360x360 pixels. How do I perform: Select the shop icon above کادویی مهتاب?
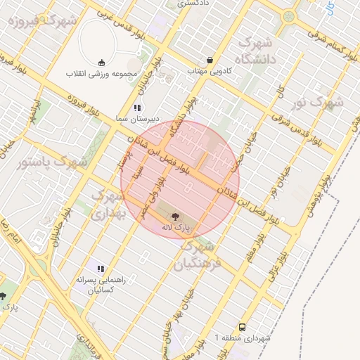[x=210, y=60]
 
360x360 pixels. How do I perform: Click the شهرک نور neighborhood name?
[x=315, y=103]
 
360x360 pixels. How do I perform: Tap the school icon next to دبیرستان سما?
[x=138, y=108]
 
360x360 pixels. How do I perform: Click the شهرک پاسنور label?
[x=51, y=162]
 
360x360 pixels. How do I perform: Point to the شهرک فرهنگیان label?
[x=198, y=256]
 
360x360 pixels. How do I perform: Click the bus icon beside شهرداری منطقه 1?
[x=242, y=327]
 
